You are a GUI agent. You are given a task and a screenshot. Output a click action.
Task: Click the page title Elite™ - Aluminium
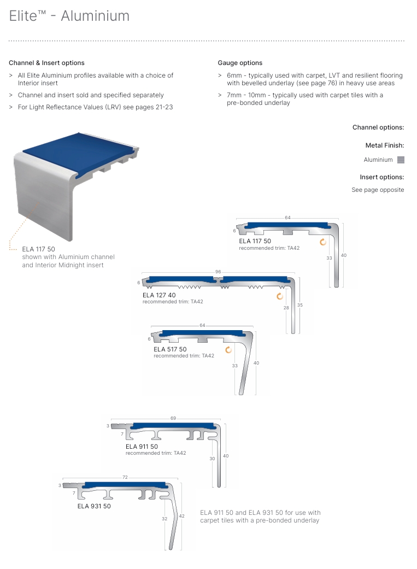(69, 16)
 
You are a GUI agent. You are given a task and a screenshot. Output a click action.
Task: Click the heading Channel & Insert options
(46, 63)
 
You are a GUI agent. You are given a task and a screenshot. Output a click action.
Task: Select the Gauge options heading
(240, 63)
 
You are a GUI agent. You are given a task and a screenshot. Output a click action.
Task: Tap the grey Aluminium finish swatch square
(401, 160)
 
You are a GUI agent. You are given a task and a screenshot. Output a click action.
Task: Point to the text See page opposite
(378, 190)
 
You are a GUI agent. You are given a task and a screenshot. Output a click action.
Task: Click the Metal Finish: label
(384, 145)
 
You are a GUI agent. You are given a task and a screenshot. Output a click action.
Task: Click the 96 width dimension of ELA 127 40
(218, 272)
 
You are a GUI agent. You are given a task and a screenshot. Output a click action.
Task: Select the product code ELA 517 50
(170, 349)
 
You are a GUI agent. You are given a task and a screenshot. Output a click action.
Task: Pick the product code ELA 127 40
(159, 295)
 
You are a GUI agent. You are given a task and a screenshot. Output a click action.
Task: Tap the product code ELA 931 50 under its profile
(94, 506)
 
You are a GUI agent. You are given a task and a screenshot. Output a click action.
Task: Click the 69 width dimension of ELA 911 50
(173, 418)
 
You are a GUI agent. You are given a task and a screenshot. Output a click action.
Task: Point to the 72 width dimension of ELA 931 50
(125, 477)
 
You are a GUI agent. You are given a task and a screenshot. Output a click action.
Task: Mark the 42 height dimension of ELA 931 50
(182, 516)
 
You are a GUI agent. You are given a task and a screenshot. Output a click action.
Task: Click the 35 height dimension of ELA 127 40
(299, 304)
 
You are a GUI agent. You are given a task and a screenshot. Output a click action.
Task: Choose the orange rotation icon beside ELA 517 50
(228, 350)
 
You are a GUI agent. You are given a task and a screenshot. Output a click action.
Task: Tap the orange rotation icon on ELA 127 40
(280, 296)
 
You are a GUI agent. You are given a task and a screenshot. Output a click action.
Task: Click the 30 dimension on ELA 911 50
(212, 459)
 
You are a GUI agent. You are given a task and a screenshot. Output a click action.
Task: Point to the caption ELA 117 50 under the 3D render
(38, 249)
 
